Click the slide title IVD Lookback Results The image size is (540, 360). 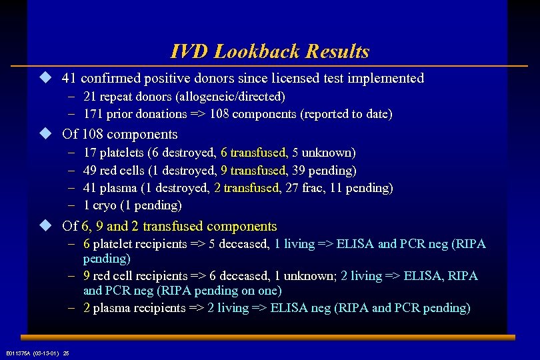pos(269,51)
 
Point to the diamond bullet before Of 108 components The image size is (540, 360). pos(45,133)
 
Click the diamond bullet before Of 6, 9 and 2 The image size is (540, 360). pos(45,226)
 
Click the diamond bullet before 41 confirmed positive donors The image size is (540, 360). pos(45,78)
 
